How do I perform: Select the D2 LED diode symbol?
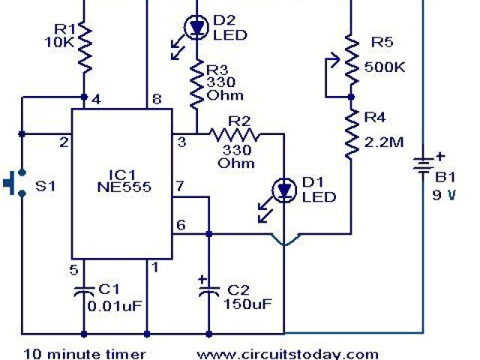pyautogui.click(x=196, y=28)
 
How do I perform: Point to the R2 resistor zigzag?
pyautogui.click(x=234, y=135)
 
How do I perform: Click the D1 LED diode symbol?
pyautogui.click(x=284, y=190)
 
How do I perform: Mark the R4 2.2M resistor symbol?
pyautogui.click(x=349, y=133)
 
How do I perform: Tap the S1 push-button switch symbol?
pyautogui.click(x=14, y=183)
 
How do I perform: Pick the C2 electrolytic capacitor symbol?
pyautogui.click(x=208, y=291)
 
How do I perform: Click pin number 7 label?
pyautogui.click(x=179, y=185)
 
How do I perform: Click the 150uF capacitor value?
pyautogui.click(x=248, y=304)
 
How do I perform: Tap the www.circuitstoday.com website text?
pyautogui.click(x=288, y=352)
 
